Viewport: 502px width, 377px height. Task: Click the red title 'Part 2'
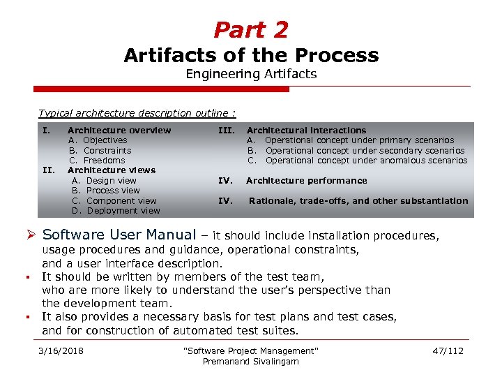point(251,30)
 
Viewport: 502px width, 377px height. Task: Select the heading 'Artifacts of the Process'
point(251,55)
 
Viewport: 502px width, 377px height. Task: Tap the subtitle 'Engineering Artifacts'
point(251,74)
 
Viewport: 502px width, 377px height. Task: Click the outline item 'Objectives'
point(105,140)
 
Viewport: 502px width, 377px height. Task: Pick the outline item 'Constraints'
point(107,150)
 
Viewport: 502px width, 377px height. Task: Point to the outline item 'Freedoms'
point(105,161)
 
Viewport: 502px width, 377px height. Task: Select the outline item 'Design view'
point(111,181)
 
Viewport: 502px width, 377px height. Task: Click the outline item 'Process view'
point(113,191)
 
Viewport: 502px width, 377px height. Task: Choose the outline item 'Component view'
point(121,201)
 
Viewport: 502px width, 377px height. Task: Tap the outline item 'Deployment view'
point(123,211)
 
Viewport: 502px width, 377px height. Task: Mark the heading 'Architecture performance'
point(306,181)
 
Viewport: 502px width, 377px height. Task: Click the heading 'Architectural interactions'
point(306,131)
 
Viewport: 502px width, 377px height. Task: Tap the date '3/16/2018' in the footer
point(62,350)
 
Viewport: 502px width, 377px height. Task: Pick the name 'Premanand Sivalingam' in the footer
point(250,361)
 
